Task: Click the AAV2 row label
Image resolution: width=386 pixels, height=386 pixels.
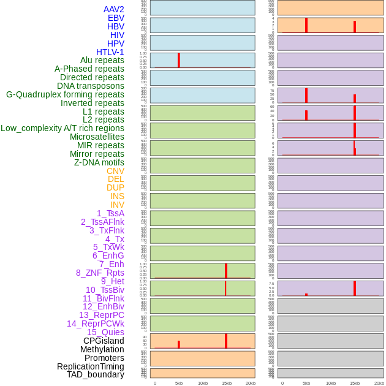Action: click(113, 9)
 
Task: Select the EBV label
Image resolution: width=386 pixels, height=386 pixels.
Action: click(116, 18)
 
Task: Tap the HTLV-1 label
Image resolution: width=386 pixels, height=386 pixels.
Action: click(110, 52)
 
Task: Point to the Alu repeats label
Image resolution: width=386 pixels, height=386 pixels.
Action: click(102, 60)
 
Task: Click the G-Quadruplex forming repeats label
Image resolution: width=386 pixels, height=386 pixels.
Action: click(65, 94)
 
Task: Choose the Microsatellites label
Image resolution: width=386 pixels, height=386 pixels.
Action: click(97, 137)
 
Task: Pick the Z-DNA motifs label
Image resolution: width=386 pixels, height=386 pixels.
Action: click(99, 162)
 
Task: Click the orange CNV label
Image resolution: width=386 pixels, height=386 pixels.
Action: click(115, 171)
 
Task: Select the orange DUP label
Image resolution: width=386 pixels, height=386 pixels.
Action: click(115, 187)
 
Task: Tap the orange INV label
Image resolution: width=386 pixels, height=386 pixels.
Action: click(117, 205)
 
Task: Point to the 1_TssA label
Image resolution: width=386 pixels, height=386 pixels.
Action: click(110, 213)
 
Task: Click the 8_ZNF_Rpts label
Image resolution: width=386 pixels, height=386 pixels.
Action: click(100, 273)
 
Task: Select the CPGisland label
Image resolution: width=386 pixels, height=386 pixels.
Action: click(104, 341)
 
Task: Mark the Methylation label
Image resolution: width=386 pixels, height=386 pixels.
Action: click(102, 349)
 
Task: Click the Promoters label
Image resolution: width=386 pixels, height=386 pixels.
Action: click(104, 358)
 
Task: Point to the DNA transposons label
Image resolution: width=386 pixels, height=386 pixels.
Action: click(90, 86)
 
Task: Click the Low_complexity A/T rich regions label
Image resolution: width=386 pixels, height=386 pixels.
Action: click(62, 128)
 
